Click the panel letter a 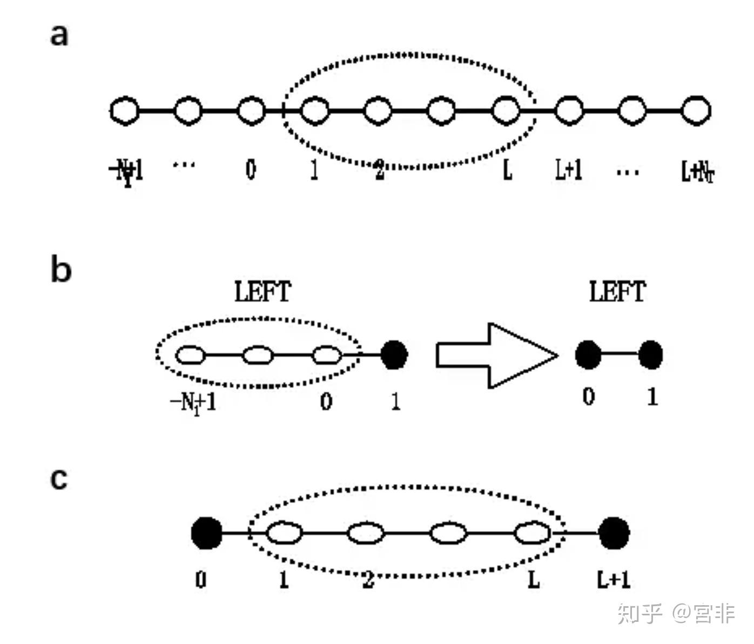pyautogui.click(x=59, y=35)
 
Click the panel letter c pyautogui.click(x=59, y=479)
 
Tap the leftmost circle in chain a pyautogui.click(x=125, y=111)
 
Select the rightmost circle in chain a pyautogui.click(x=696, y=111)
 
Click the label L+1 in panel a pyautogui.click(x=569, y=170)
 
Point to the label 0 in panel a pyautogui.click(x=251, y=170)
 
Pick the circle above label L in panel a pyautogui.click(x=506, y=110)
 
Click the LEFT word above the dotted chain pyautogui.click(x=262, y=292)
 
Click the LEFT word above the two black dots pyautogui.click(x=617, y=292)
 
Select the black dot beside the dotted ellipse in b pyautogui.click(x=394, y=355)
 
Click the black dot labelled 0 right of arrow pyautogui.click(x=588, y=355)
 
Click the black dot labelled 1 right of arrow pyautogui.click(x=650, y=355)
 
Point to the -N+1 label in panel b pyautogui.click(x=193, y=402)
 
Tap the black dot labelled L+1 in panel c pyautogui.click(x=614, y=533)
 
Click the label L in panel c pyautogui.click(x=534, y=580)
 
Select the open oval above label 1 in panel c pyautogui.click(x=284, y=533)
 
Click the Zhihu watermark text pyautogui.click(x=676, y=614)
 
